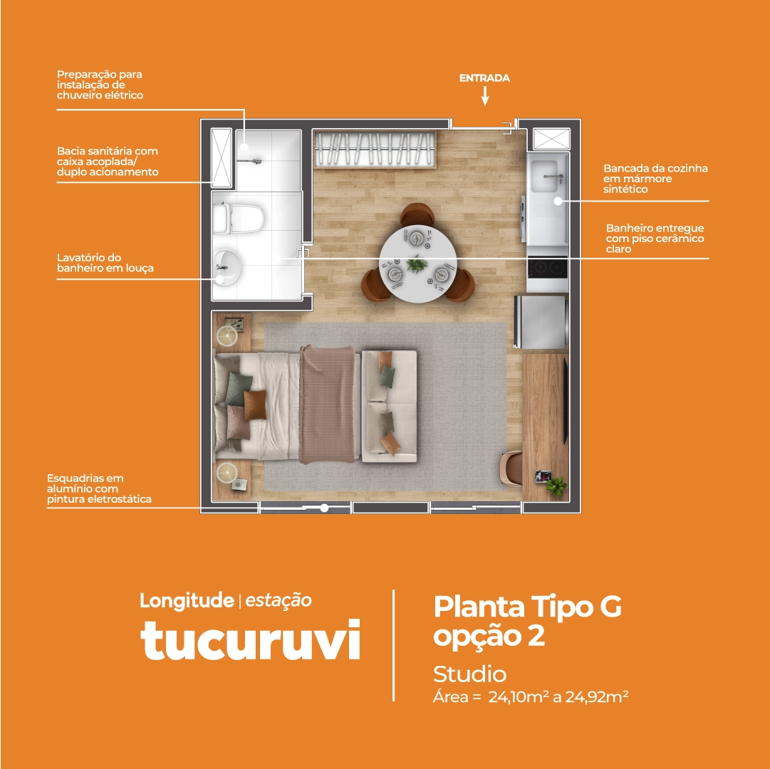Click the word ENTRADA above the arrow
point(484,78)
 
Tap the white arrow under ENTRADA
point(484,95)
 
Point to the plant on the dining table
point(417,264)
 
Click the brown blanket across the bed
point(327,404)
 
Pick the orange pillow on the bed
point(255,405)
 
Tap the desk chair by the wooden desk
point(511,469)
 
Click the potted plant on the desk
point(556,486)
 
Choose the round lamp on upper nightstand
point(227,336)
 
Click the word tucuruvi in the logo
point(251,639)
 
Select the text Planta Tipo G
point(527,607)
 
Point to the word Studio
point(469,674)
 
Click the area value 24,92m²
point(597,696)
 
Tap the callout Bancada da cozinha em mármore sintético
point(655,179)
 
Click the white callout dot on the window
point(324,508)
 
